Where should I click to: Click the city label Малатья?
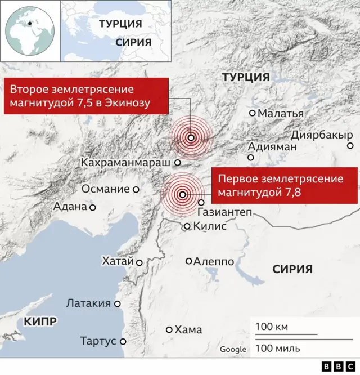(280, 113)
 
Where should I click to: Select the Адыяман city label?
(272, 146)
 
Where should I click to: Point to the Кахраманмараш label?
(125, 162)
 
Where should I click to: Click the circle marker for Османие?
(136, 189)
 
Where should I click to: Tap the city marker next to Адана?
(93, 207)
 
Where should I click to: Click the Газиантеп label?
(224, 213)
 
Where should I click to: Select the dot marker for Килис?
(187, 226)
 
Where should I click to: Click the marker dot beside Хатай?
(139, 262)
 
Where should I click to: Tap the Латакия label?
(88, 303)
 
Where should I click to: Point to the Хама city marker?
(169, 330)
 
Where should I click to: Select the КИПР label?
(40, 322)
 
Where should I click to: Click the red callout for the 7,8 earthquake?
(285, 185)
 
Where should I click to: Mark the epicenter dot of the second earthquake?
(191, 137)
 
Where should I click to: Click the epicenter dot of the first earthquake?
(182, 195)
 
